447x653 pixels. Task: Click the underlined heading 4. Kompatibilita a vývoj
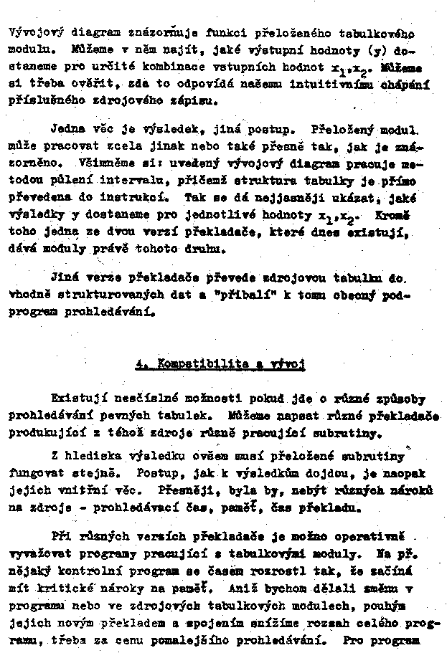(x=221, y=364)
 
